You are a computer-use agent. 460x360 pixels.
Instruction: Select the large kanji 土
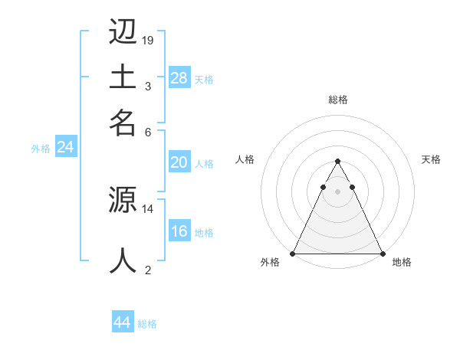pos(123,77)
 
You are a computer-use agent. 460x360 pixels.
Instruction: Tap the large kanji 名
pos(123,120)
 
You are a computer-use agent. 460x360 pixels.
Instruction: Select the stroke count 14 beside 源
pos(148,208)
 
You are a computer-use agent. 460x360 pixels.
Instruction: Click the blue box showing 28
pos(179,77)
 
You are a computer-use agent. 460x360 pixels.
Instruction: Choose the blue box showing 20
pos(179,162)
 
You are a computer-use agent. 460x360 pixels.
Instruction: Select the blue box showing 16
pos(179,231)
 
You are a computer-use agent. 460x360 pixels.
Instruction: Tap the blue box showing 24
pos(66,148)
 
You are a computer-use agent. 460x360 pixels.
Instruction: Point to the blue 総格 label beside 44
pos(147,324)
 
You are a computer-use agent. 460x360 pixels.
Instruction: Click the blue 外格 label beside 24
pos(41,149)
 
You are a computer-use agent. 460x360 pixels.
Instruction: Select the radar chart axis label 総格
pos(337,100)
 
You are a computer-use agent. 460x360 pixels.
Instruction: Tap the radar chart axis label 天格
pos(431,159)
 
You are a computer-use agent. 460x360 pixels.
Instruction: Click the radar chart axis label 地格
pos(402,262)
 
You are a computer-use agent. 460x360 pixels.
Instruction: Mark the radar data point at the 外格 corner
pos(294,254)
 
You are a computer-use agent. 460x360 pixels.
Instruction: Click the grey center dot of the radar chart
pos(337,191)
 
